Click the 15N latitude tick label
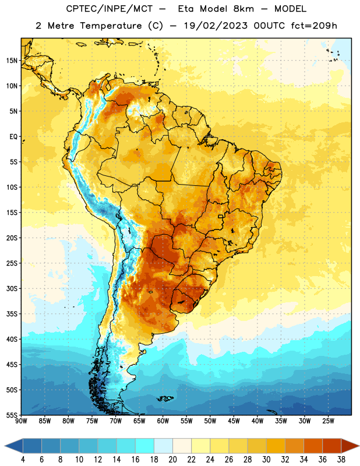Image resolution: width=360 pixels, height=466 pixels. (12, 61)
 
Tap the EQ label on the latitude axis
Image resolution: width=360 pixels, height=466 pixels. (13, 137)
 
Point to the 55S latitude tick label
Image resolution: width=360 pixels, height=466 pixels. (12, 415)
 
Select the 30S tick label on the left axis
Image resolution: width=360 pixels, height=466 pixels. (12, 288)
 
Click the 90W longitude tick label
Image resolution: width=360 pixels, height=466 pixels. (21, 421)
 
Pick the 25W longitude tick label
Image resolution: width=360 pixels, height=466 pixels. (328, 421)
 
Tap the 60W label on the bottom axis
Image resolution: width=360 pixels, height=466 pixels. (163, 421)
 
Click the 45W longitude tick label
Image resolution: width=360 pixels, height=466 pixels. (234, 421)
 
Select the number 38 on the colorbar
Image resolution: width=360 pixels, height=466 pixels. (341, 460)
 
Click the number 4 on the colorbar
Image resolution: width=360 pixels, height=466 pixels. (23, 460)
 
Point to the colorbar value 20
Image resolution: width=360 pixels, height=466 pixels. (172, 460)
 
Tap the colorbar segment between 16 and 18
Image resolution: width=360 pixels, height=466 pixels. (145, 447)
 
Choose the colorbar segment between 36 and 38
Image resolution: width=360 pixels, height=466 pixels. (332, 447)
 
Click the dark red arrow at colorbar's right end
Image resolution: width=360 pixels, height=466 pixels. (350, 447)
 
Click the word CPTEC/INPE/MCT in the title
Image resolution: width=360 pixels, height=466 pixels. (109, 9)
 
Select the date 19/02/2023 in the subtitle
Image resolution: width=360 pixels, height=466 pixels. (216, 26)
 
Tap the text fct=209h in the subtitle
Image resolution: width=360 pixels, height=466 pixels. (314, 26)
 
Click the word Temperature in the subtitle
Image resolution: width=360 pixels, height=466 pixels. (111, 26)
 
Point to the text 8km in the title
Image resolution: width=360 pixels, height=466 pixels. (243, 9)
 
